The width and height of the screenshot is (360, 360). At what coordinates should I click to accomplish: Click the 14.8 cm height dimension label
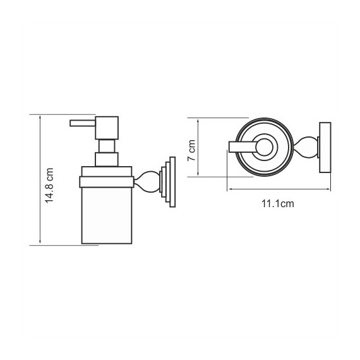coord(50,186)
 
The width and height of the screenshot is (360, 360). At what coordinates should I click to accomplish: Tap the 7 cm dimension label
coord(191,150)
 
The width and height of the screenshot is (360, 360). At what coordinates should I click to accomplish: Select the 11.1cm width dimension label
coord(278,203)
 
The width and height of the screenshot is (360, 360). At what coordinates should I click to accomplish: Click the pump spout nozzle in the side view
coord(83,123)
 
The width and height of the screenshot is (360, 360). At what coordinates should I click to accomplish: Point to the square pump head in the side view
coord(107,128)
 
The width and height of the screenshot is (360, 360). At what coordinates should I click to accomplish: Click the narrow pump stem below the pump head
coord(107,146)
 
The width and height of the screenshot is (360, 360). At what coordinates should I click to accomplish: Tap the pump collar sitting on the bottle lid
coord(107,159)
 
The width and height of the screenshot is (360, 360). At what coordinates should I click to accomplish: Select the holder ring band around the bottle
coord(107,182)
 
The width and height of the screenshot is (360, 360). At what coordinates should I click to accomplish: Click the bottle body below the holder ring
coord(107,215)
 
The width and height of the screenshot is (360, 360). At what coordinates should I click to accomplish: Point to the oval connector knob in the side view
coord(147,182)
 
